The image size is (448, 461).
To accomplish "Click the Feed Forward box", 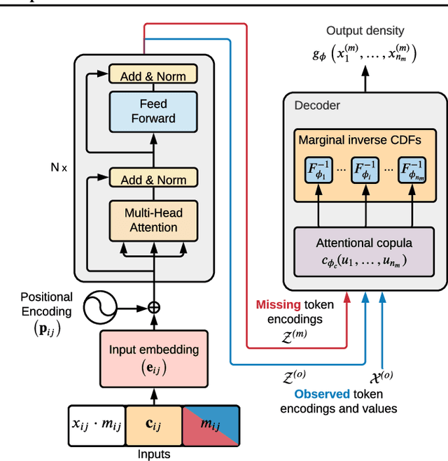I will point(153,111).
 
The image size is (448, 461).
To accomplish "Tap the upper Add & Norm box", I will point(153,74).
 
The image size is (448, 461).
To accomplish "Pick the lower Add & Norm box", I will point(153,180).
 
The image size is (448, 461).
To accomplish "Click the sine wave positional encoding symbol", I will point(99,306).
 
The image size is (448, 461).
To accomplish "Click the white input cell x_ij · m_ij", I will point(96,425).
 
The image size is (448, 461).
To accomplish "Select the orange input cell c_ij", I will point(153,425).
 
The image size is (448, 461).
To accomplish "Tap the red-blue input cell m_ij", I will point(210,425).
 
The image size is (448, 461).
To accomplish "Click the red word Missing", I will point(279,305).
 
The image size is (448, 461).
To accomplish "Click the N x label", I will point(59,168).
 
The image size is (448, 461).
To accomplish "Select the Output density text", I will point(365,31).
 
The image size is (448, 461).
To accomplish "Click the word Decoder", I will point(316,106).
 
